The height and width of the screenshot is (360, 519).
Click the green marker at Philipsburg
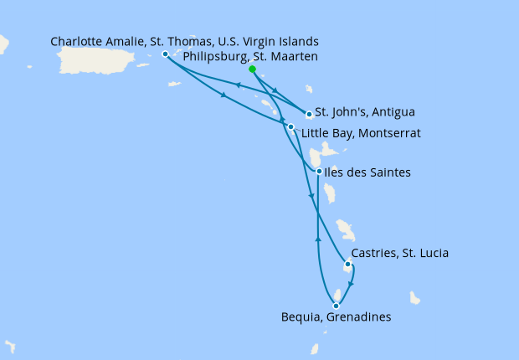252,70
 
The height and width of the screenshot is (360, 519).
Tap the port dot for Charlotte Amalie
165,54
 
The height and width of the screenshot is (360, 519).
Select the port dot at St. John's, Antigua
309,114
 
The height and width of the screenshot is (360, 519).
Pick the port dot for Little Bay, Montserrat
290,126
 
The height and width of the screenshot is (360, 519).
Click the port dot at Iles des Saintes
319,172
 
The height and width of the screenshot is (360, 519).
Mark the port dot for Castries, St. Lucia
348,265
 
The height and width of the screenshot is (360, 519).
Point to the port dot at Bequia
336,306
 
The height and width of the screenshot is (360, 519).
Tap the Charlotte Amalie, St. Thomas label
184,41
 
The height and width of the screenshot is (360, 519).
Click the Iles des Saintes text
368,172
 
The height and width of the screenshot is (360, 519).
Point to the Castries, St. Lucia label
400,253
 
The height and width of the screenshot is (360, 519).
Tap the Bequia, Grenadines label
336,317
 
